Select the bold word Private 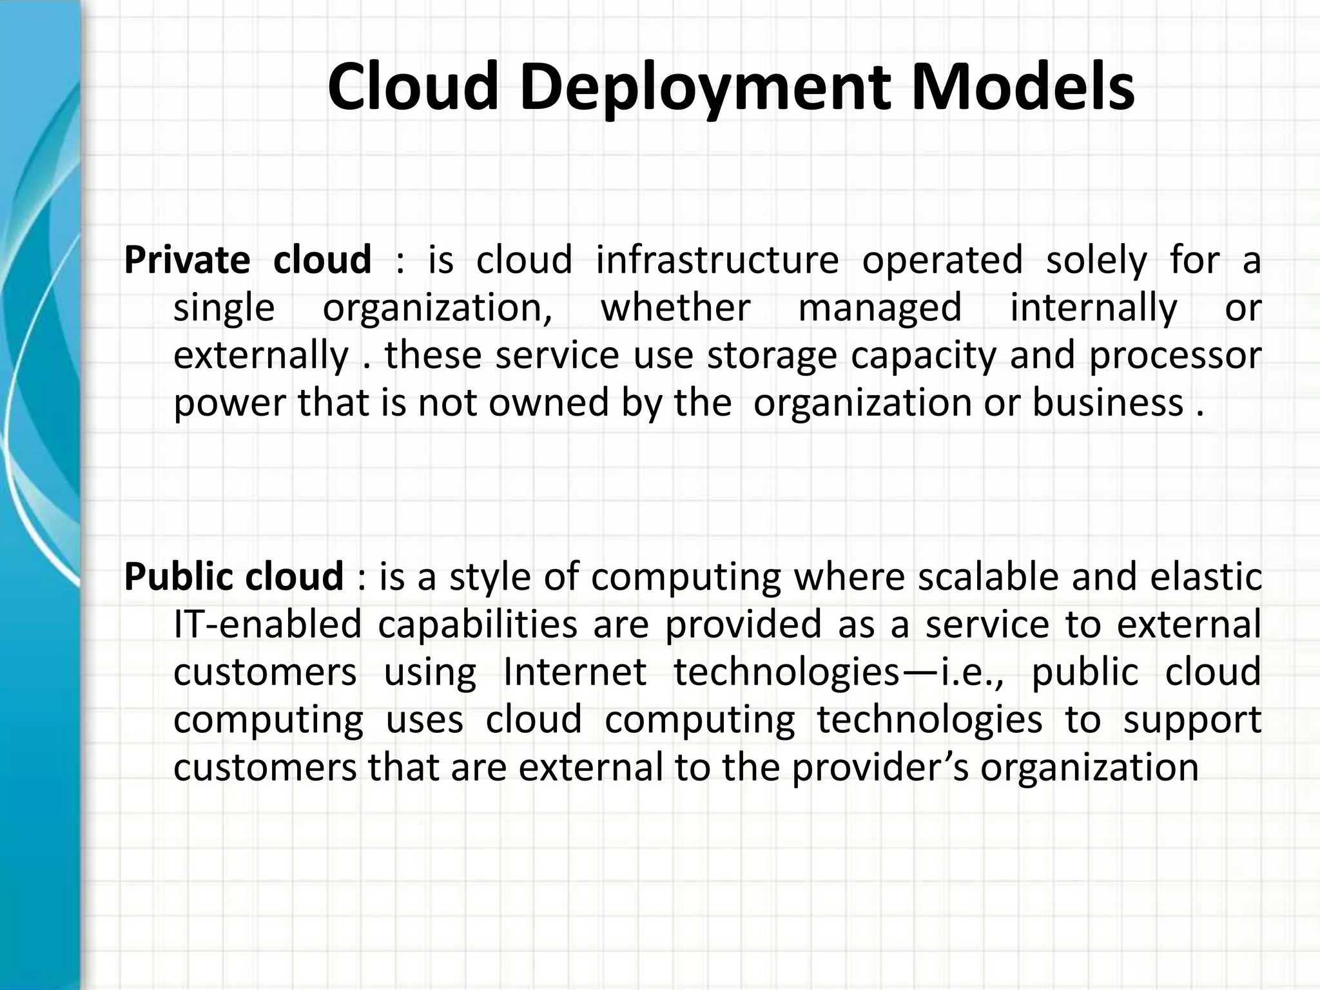point(187,260)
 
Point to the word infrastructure point(717,260)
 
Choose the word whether point(675,307)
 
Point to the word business point(1108,403)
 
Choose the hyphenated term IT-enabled point(267,624)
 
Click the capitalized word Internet point(574,672)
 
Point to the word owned point(548,403)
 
